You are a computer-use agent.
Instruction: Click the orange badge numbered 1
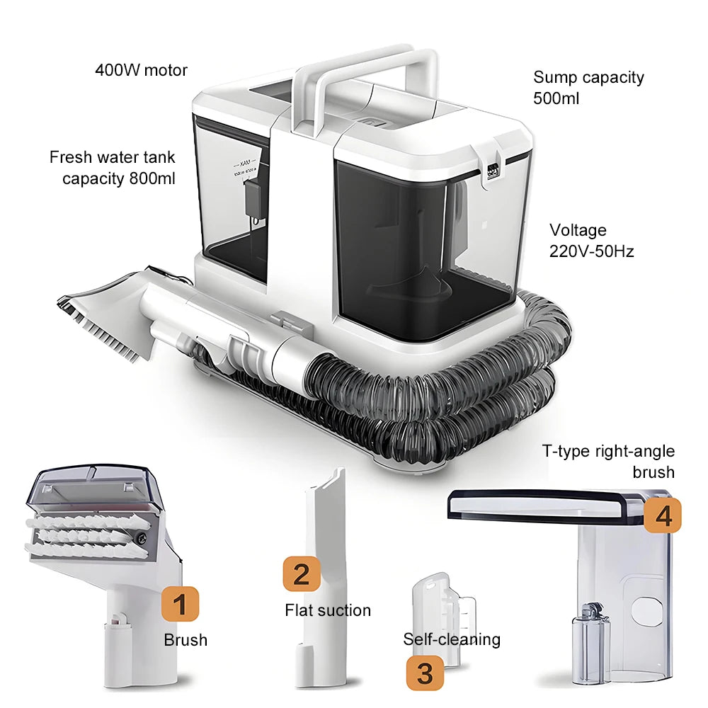[180, 604]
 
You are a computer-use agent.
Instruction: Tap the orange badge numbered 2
[302, 573]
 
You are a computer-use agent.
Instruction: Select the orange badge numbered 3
[425, 673]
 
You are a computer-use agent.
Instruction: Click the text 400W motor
[142, 70]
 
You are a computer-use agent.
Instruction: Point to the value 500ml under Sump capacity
[556, 98]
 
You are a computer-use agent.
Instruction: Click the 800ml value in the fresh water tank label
[152, 178]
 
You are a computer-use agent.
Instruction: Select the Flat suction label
[328, 610]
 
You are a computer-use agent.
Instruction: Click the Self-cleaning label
[452, 639]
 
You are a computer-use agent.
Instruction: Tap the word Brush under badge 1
[185, 640]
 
